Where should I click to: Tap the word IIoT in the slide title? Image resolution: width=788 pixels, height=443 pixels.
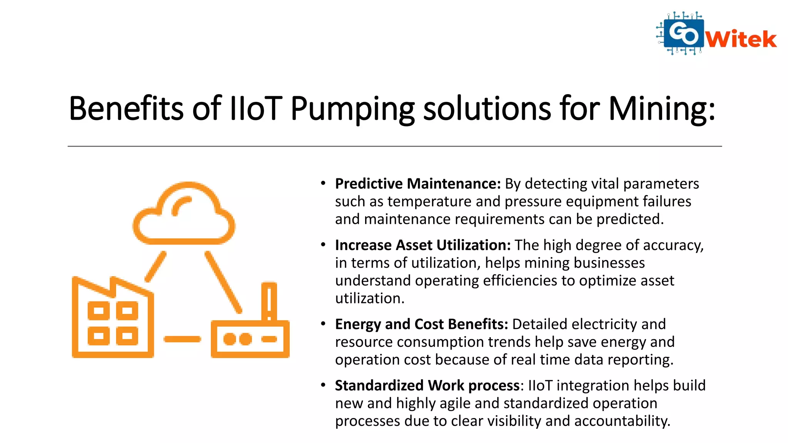pyautogui.click(x=255, y=108)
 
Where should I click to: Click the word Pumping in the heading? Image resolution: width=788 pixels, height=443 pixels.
pyautogui.click(x=352, y=109)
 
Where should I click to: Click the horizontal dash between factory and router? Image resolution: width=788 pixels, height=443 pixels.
pyautogui.click(x=182, y=339)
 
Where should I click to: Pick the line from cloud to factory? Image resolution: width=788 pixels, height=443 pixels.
pyautogui.click(x=156, y=266)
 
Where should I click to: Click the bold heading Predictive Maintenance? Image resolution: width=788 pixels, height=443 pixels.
pyautogui.click(x=417, y=184)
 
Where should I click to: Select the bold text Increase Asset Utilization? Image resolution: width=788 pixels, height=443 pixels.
pyautogui.click(x=422, y=245)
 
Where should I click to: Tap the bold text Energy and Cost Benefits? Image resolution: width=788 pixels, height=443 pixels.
pyautogui.click(x=421, y=324)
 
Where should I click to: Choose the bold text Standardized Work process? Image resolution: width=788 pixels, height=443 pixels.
pyautogui.click(x=427, y=385)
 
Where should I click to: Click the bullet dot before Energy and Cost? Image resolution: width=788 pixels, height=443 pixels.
pyautogui.click(x=323, y=323)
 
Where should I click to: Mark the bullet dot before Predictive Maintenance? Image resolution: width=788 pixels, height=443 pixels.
pyautogui.click(x=323, y=183)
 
